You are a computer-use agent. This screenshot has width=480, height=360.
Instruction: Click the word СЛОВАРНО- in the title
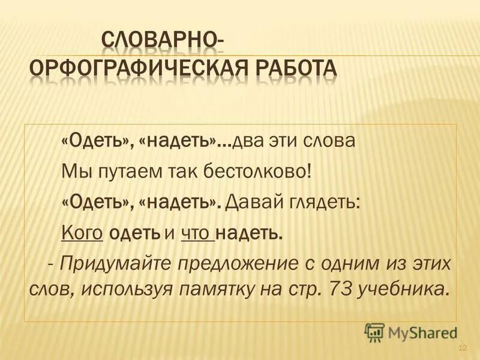tap(161, 41)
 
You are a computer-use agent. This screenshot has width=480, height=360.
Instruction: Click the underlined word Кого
tap(83, 232)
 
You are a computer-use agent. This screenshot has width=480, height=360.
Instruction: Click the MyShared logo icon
tap(375, 332)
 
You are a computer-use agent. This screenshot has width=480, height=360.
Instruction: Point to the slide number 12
tap(463, 349)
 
